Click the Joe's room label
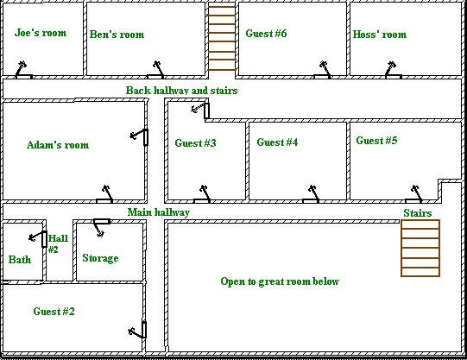click(41, 33)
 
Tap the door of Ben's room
click(155, 71)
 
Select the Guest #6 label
click(266, 34)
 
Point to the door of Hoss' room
click(393, 71)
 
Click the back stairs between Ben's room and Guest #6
click(222, 38)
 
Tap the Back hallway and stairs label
click(181, 91)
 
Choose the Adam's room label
click(58, 145)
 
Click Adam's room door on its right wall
click(139, 137)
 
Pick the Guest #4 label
click(277, 142)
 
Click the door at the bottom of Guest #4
click(311, 194)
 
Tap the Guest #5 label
click(376, 140)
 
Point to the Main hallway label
click(159, 212)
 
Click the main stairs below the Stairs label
click(420, 249)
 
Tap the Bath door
click(38, 239)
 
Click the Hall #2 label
click(58, 243)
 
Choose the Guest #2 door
click(137, 330)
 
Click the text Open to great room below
click(280, 281)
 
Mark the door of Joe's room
click(24, 70)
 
